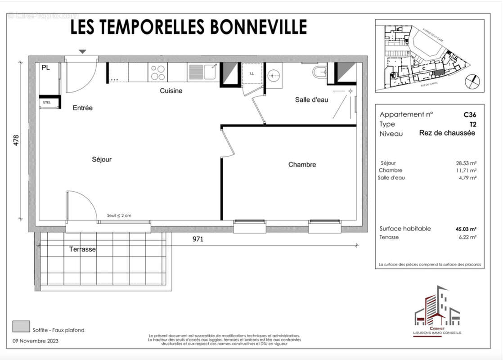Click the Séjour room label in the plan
[x=101, y=159]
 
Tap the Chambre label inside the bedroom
[x=302, y=165]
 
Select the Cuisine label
[x=171, y=91]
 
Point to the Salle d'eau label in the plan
[x=311, y=99]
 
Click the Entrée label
[x=82, y=108]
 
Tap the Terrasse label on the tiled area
[x=82, y=249]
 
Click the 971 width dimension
[x=198, y=239]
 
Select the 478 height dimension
[x=16, y=139]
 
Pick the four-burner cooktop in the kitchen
[x=157, y=72]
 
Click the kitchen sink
[x=203, y=72]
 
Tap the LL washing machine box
[x=251, y=73]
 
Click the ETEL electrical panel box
[x=47, y=102]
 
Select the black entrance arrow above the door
[x=82, y=52]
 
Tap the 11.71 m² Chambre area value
[x=467, y=171]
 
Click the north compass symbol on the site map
[x=472, y=81]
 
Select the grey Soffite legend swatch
[x=19, y=325]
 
